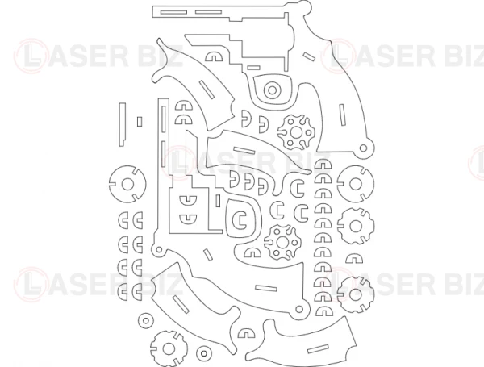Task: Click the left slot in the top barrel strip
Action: click(x=173, y=12)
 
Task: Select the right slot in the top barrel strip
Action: click(x=209, y=12)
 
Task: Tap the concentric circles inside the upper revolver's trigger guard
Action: click(x=273, y=90)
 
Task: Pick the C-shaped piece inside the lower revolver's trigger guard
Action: click(x=240, y=219)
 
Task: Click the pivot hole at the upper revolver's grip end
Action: click(x=364, y=148)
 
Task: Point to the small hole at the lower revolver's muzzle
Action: click(x=159, y=249)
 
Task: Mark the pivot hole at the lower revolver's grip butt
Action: click(x=298, y=309)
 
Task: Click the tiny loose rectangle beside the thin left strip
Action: click(x=140, y=122)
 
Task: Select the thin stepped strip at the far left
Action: click(x=123, y=124)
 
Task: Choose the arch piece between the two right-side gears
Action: click(x=354, y=259)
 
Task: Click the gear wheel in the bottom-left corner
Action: click(x=169, y=348)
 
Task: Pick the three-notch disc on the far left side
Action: click(x=127, y=184)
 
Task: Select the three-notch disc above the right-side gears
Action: click(x=355, y=184)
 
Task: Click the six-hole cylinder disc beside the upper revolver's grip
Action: click(x=296, y=132)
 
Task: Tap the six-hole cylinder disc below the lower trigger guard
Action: click(x=282, y=242)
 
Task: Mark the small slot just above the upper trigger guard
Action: click(x=254, y=68)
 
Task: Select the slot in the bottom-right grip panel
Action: click(x=319, y=348)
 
